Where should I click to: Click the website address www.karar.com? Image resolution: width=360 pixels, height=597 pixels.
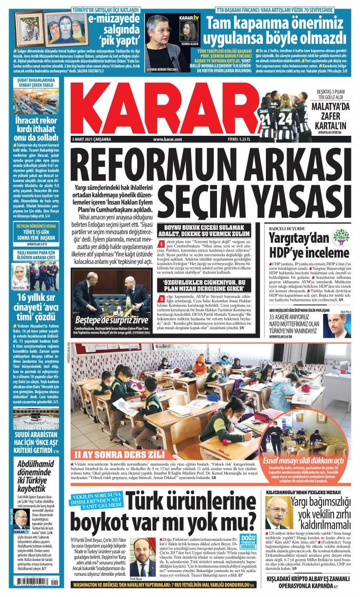[x=167, y=139]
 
